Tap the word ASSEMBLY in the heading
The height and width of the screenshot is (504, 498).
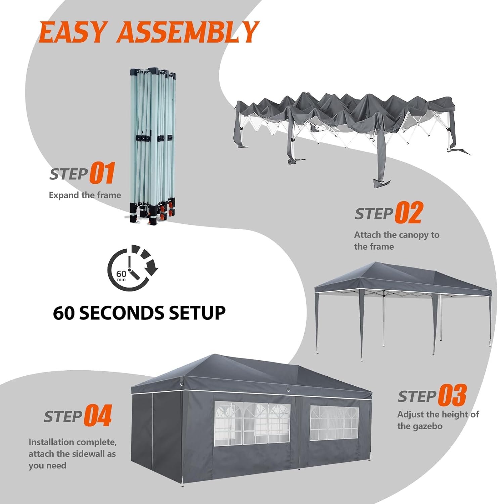pyautogui.click(x=189, y=32)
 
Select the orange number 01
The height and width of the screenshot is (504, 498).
pyautogui.click(x=102, y=173)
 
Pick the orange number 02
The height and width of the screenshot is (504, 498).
pyautogui.click(x=408, y=212)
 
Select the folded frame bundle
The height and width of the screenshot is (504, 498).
pyautogui.click(x=152, y=146)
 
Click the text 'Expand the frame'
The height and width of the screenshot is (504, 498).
pyautogui.click(x=85, y=195)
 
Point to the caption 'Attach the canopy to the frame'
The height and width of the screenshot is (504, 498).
pyautogui.click(x=397, y=241)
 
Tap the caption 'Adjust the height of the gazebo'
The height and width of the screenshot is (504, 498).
pyautogui.click(x=438, y=420)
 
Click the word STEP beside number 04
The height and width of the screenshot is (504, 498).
pyautogui.click(x=63, y=417)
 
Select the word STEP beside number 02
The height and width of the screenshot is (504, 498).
pyautogui.click(x=374, y=214)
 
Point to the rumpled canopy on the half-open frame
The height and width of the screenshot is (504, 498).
pyautogui.click(x=346, y=114)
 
